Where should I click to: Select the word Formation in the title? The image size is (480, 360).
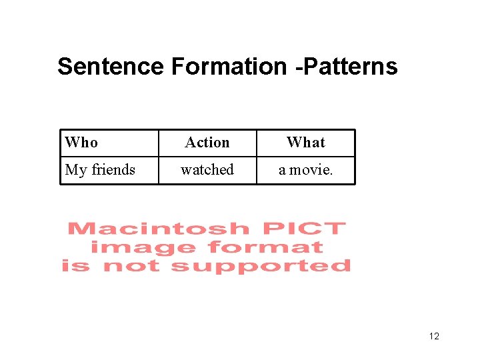(x=229, y=67)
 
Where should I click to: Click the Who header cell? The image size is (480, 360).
(x=81, y=143)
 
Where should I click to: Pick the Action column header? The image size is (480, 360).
(x=207, y=143)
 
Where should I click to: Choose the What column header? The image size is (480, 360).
(x=305, y=143)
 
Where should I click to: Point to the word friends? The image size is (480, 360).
(x=113, y=170)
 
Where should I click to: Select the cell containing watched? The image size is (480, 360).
(x=207, y=170)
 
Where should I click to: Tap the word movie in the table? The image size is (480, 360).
(x=311, y=170)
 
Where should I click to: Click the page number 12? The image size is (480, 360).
(x=434, y=336)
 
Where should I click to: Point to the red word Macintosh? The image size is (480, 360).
(x=158, y=229)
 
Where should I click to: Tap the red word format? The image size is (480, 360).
(x=265, y=247)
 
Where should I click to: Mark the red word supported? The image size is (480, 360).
(x=261, y=266)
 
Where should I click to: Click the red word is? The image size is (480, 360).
(x=75, y=266)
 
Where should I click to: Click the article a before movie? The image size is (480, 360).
(x=283, y=171)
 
